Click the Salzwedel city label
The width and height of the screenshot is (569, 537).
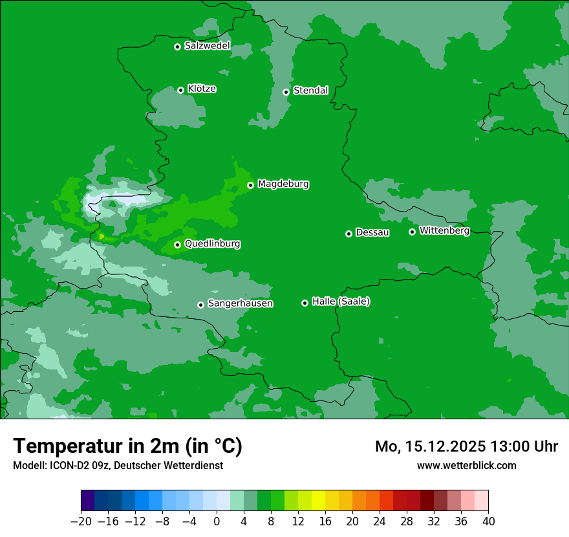[207, 46]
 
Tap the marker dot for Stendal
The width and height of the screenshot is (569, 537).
[286, 92]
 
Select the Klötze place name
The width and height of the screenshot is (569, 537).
[202, 89]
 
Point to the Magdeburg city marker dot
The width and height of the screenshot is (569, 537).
[250, 186]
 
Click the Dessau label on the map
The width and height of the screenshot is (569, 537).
[372, 233]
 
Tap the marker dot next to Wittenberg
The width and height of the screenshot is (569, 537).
[412, 232]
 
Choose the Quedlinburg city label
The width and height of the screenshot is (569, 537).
[212, 244]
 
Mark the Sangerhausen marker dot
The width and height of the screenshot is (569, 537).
[200, 305]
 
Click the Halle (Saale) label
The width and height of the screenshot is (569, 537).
[341, 301]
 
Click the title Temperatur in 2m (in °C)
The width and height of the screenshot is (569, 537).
[127, 446]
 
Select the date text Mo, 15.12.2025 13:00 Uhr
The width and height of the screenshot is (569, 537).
[466, 446]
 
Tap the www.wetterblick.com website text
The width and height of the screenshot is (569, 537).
[466, 465]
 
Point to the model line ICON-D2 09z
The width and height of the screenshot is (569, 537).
[118, 465]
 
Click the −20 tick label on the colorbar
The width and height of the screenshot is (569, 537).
[81, 521]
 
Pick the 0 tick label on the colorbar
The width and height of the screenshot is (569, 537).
[217, 521]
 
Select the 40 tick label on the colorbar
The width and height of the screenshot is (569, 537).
[488, 521]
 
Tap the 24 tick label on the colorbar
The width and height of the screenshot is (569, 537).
[380, 521]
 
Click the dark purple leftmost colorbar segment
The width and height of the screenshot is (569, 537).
[87, 501]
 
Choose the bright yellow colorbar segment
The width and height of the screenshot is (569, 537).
[318, 501]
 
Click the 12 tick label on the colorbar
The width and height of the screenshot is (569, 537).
[298, 521]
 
